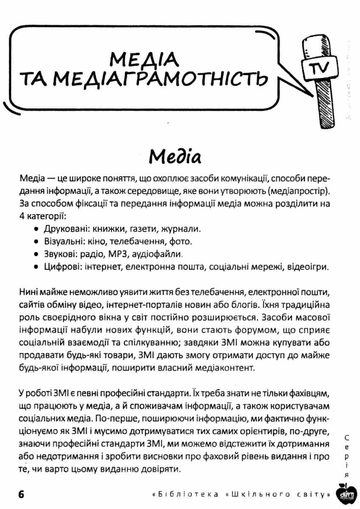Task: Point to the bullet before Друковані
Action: coord(37,229)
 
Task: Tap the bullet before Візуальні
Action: coord(37,242)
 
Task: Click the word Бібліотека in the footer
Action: coord(188,495)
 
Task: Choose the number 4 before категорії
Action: coord(22,217)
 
